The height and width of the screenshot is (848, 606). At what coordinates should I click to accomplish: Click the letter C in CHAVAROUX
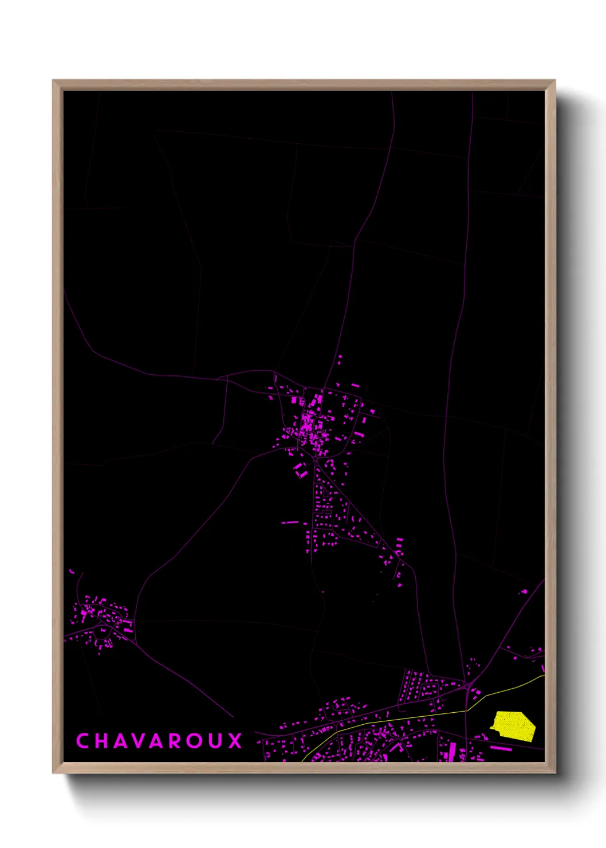click(x=82, y=741)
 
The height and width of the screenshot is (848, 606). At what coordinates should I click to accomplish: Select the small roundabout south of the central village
click(x=314, y=458)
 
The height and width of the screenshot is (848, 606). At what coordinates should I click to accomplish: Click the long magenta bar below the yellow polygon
click(x=501, y=748)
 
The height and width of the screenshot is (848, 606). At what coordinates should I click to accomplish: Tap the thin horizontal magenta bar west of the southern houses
click(x=290, y=523)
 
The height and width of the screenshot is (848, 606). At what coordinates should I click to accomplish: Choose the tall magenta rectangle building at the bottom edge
click(x=452, y=751)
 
